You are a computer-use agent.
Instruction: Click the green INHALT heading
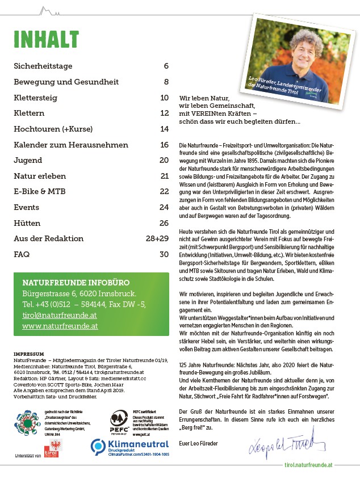(46, 39)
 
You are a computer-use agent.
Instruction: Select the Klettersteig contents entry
(35, 98)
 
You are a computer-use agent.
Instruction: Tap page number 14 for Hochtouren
(164, 129)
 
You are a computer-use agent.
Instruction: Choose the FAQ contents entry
(22, 254)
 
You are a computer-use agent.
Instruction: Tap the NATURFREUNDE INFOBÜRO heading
(76, 283)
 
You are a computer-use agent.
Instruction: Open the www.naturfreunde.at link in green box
(60, 326)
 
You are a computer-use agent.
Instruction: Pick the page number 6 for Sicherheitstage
(166, 66)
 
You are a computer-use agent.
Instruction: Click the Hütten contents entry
(26, 223)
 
